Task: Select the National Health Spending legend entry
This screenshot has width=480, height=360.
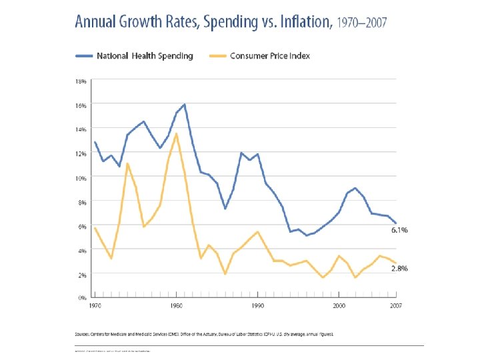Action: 144,56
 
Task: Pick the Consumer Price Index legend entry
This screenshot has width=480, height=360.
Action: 270,56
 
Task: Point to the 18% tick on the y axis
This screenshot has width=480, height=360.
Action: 80,81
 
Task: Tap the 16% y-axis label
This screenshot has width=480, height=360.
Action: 80,105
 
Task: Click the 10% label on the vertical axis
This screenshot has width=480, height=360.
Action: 80,178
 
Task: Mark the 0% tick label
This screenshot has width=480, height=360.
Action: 81,298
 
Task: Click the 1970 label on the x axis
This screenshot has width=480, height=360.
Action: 95,305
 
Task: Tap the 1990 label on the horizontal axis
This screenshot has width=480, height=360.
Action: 257,305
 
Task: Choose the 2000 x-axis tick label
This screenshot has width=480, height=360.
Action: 339,305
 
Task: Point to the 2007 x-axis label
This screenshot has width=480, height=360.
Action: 396,305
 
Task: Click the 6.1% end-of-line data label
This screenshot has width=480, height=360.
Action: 400,230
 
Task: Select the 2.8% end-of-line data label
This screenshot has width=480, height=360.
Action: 400,269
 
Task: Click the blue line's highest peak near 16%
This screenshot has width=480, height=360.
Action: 184,104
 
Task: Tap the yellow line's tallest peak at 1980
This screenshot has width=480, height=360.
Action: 176,133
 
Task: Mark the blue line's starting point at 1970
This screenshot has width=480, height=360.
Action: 95,142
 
